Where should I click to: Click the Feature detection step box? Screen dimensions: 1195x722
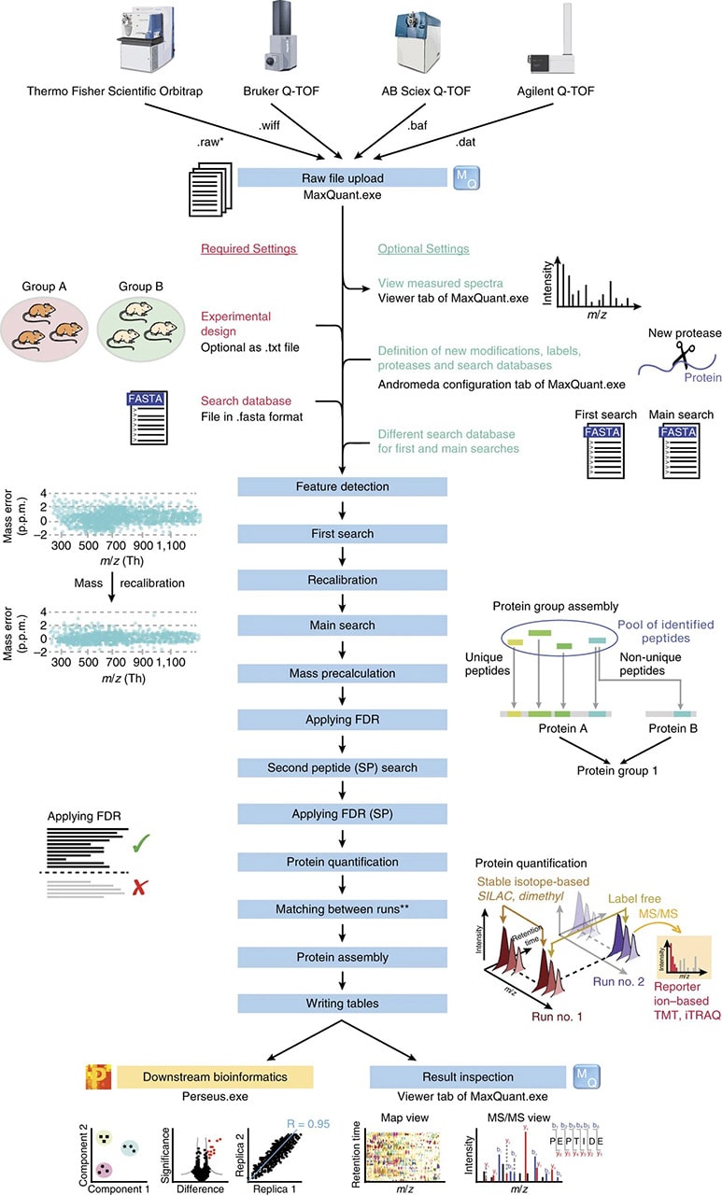pos(343,486)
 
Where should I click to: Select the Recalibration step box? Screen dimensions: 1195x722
pos(343,581)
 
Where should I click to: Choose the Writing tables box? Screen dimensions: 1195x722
pos(343,1004)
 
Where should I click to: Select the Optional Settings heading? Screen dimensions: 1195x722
pos(422,249)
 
